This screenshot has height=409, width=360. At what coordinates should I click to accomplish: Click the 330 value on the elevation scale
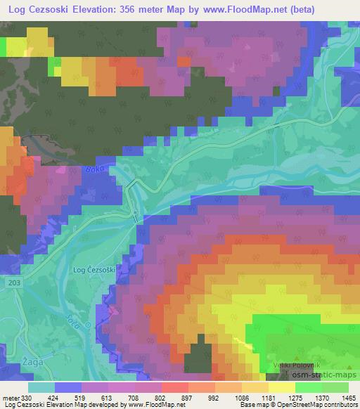[x=25, y=397]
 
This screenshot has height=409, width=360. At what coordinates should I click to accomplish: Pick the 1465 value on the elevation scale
[x=348, y=397]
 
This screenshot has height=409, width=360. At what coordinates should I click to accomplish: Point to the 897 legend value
[x=186, y=397]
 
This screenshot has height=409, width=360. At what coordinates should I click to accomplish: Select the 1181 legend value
[x=267, y=397]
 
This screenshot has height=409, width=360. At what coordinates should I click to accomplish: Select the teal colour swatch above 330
[x=41, y=387]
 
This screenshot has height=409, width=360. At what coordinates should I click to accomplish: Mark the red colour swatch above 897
[x=174, y=387]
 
